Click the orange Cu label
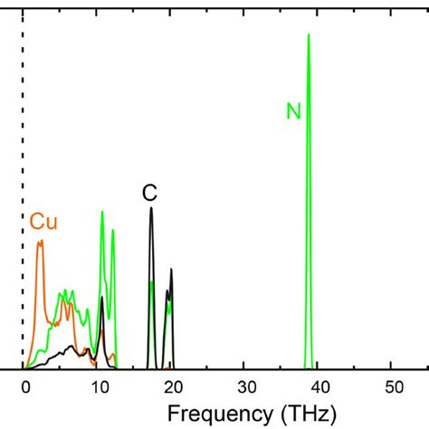43,222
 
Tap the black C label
150,193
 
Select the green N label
293,112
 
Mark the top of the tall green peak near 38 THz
309,35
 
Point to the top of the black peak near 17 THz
151,209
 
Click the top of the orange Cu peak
40,242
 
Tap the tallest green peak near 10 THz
102,212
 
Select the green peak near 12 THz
112,230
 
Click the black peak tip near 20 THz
171,270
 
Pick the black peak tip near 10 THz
101,298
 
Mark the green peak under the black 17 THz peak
151,283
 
